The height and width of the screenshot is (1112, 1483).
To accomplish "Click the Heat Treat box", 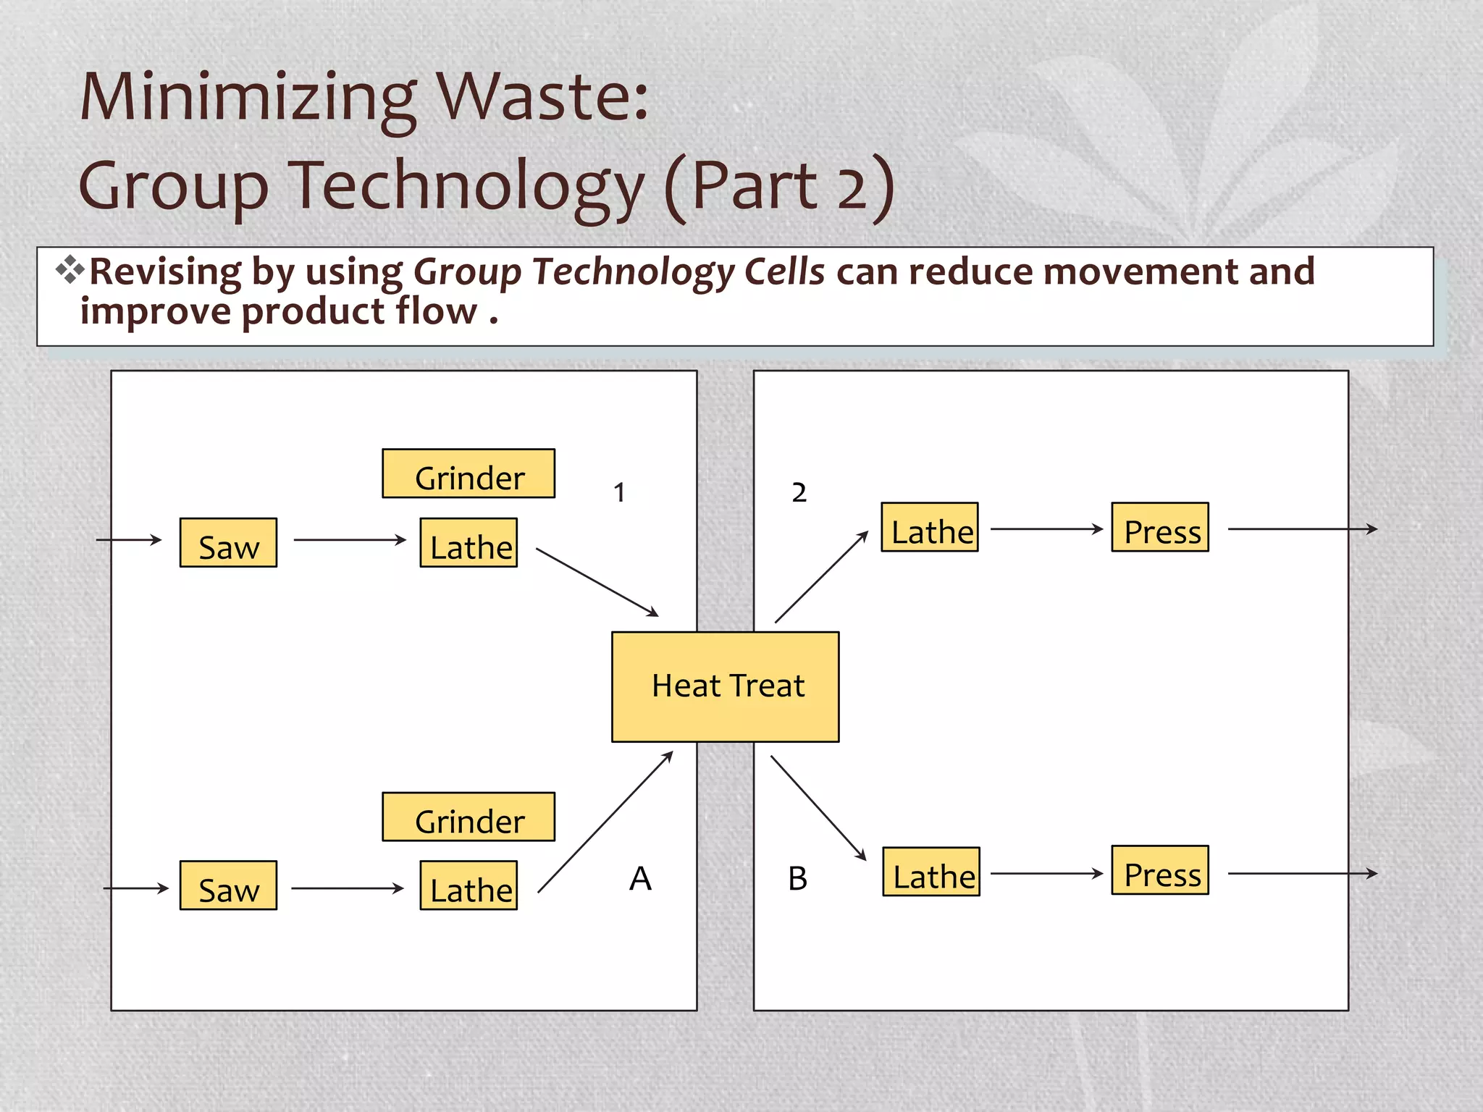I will (725, 686).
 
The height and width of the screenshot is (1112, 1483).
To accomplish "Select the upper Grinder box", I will (469, 473).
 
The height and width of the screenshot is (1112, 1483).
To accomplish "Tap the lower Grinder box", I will (469, 817).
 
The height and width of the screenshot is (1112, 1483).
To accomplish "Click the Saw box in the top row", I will (228, 542).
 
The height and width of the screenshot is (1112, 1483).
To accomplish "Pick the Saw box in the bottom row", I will (228, 885).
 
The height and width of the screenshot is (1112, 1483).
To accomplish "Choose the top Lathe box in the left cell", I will (469, 542).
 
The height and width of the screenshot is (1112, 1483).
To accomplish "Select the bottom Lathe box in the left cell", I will (469, 885).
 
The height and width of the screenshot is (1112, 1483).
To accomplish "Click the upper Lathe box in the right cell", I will (930, 527).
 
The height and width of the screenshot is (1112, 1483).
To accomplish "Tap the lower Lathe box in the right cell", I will (931, 872).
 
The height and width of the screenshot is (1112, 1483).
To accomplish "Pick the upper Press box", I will (1160, 527).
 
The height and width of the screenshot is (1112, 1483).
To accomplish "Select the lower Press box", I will (1160, 870).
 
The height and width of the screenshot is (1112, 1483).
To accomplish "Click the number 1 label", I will (619, 493).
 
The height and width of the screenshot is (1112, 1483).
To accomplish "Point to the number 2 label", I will (799, 493).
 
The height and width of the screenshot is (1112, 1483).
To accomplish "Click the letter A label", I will (640, 879).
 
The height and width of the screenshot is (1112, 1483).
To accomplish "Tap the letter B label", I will (797, 879).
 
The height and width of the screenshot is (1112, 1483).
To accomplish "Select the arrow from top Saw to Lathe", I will (350, 540).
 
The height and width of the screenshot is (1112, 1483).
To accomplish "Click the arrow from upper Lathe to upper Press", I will (1046, 529).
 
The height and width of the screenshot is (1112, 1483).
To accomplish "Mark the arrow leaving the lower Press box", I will (1302, 874).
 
